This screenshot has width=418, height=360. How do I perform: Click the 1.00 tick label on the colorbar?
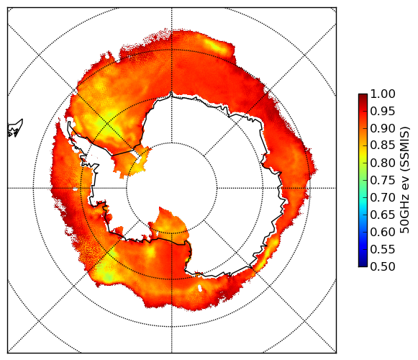tap(383, 94)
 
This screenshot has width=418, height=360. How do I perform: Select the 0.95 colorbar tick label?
tap(383, 112)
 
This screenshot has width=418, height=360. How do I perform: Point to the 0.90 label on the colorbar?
tap(383, 128)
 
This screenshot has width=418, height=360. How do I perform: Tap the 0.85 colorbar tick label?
tap(383, 145)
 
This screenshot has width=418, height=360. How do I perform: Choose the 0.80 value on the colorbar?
tap(383, 163)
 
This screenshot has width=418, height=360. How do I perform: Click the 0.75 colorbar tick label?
tap(383, 180)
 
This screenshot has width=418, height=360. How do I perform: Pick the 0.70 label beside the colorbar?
tap(383, 197)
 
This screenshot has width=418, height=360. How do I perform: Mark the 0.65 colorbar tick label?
tap(383, 215)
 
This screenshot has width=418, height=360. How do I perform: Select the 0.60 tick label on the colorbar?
tap(383, 232)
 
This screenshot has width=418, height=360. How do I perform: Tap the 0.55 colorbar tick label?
tap(383, 249)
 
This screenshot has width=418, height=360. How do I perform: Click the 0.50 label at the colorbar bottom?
tap(383, 266)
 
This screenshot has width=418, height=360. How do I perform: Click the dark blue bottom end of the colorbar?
tap(363, 265)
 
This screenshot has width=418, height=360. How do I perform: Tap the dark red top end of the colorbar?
tap(363, 96)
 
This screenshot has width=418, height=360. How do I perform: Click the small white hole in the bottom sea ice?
tap(200, 288)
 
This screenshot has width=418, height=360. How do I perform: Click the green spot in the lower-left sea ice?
tap(108, 276)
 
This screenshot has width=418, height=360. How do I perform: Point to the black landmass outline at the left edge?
tap(15, 129)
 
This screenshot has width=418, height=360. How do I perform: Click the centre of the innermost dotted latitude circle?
tap(172, 188)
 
